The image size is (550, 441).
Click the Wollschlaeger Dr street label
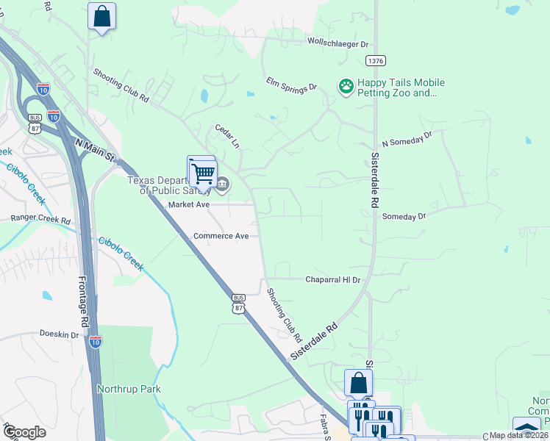(x=337, y=44)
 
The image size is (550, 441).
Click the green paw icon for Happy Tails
(x=346, y=87)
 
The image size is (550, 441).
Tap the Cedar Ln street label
(x=227, y=135)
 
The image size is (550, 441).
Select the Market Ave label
(x=190, y=204)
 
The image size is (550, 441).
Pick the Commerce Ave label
(x=216, y=236)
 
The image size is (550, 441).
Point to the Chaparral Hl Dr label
(x=333, y=280)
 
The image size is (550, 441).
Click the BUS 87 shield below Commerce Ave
(x=238, y=304)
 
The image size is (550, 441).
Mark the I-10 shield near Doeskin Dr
(x=95, y=340)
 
